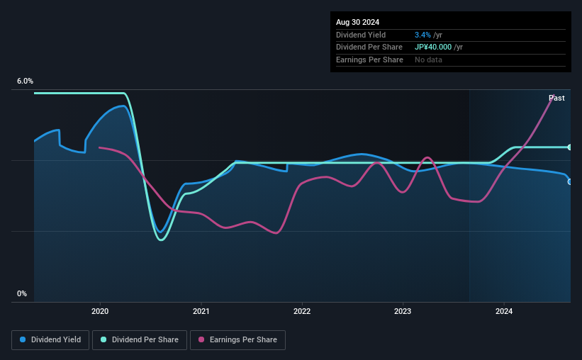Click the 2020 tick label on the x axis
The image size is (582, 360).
click(x=100, y=310)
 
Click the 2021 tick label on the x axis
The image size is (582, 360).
click(x=201, y=310)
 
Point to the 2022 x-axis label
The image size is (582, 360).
click(x=302, y=310)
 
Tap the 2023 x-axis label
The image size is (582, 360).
click(x=403, y=310)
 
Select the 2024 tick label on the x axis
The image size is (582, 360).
click(x=504, y=310)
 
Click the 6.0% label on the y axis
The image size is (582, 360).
click(x=25, y=81)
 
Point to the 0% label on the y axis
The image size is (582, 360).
click(x=22, y=293)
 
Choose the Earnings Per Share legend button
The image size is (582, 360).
click(x=237, y=339)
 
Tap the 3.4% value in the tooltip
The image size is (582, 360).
click(x=422, y=35)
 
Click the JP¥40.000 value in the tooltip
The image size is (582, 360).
click(x=438, y=47)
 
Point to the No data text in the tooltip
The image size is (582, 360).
click(x=429, y=60)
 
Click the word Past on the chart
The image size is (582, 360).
click(x=556, y=98)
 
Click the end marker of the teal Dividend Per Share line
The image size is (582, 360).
click(x=569, y=147)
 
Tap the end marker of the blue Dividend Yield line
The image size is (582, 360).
click(x=569, y=181)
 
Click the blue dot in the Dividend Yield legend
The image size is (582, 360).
click(x=23, y=339)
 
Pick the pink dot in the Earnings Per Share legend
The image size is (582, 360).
click(x=201, y=339)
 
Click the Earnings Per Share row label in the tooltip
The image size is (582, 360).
click(x=369, y=60)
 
